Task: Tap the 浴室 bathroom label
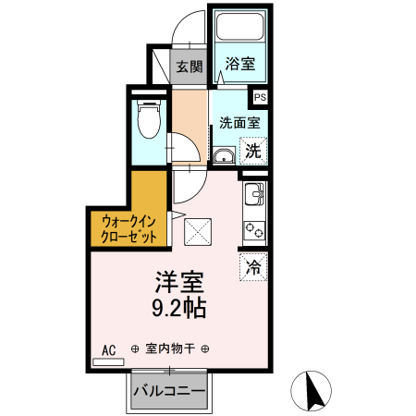[x=240, y=65]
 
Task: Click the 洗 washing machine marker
[x=252, y=149]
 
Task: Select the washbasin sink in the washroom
[x=222, y=155]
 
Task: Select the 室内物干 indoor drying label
[x=170, y=349]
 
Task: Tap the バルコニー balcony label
[x=168, y=391]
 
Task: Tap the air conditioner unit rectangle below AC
[x=108, y=362]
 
